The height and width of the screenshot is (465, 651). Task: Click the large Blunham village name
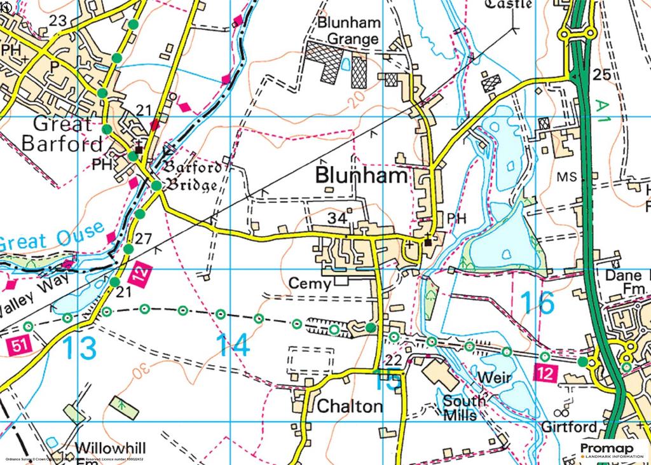(x=361, y=176)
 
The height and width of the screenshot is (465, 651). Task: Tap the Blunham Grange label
(x=349, y=31)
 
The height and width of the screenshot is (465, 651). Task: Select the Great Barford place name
(x=62, y=133)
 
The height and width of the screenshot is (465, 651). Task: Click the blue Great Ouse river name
(x=51, y=237)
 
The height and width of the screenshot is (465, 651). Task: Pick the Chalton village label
(x=350, y=406)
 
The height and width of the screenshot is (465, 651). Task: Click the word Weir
(x=494, y=378)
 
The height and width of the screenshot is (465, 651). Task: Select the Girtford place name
(x=570, y=426)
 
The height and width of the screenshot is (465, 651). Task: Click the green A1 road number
(x=603, y=113)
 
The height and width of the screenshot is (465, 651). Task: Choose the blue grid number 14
(x=232, y=345)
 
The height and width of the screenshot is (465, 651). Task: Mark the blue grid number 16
(x=537, y=303)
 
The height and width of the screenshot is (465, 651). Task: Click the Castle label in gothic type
(x=509, y=4)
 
